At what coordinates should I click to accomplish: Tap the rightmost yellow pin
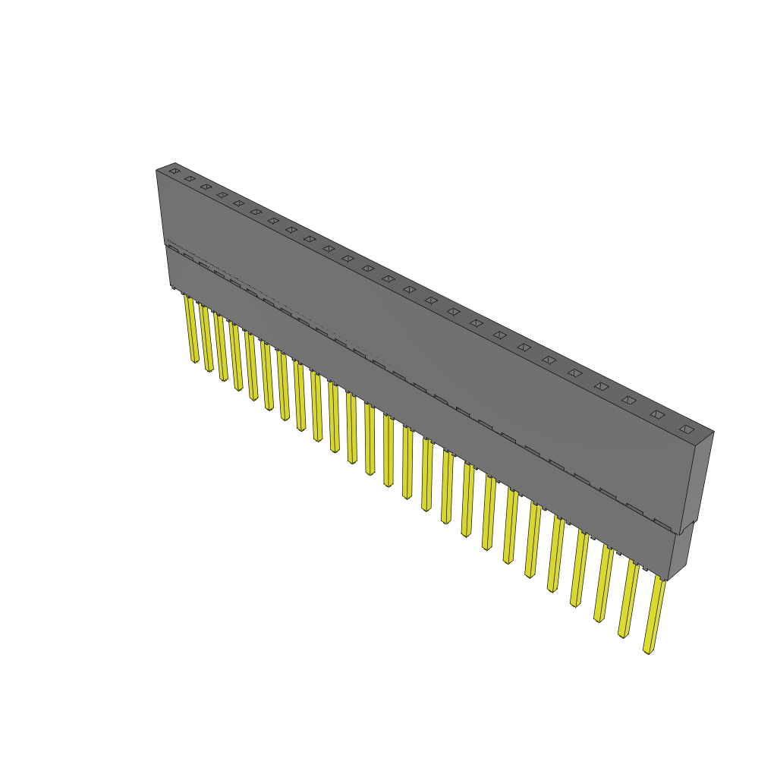(x=654, y=615)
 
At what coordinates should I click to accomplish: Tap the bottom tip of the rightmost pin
(x=647, y=650)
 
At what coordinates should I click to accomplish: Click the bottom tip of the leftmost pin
(x=195, y=360)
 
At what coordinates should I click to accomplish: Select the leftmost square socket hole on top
(x=175, y=171)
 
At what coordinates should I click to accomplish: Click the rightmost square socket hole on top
(x=687, y=429)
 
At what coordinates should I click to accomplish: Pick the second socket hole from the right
(x=657, y=414)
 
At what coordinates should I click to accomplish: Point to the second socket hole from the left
(x=190, y=179)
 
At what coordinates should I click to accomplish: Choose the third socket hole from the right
(x=629, y=400)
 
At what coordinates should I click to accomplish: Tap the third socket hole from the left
(x=206, y=187)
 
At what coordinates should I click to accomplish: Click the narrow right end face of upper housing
(x=698, y=478)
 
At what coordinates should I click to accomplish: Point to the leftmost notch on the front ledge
(x=173, y=248)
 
